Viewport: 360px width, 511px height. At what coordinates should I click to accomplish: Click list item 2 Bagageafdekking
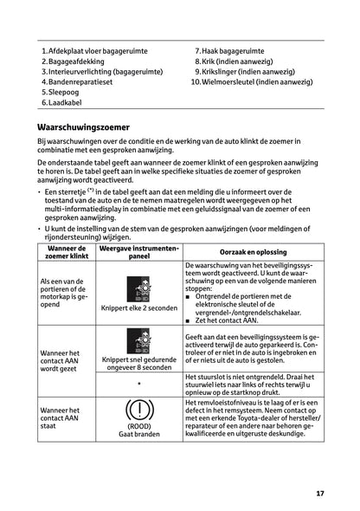78,61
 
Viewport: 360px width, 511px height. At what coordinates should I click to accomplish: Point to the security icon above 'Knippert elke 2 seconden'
138,290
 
